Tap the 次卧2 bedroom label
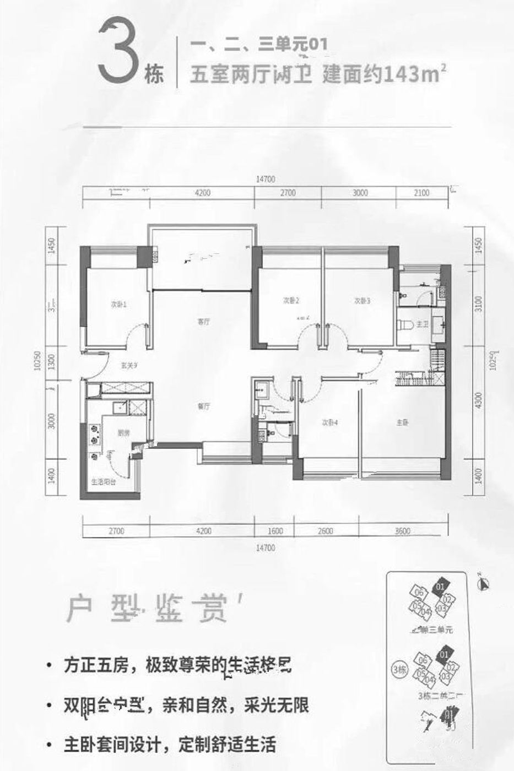pyautogui.click(x=291, y=301)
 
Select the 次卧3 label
pyautogui.click(x=362, y=301)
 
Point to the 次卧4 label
pyautogui.click(x=329, y=423)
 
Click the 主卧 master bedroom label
pyautogui.click(x=403, y=423)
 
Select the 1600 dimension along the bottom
pyautogui.click(x=275, y=531)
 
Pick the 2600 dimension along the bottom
pyautogui.click(x=326, y=531)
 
